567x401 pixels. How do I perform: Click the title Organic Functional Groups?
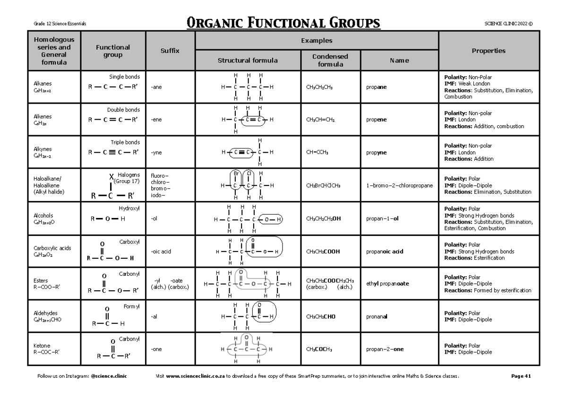(283, 23)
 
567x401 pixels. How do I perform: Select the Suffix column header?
(170, 51)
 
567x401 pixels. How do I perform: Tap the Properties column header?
(489, 51)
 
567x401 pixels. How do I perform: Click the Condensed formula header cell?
(330, 60)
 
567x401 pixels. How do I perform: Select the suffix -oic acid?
(161, 252)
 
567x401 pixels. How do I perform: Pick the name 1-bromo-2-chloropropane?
(399, 186)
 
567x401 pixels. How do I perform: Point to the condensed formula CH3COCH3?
(319, 349)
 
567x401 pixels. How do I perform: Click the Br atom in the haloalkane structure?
(235, 174)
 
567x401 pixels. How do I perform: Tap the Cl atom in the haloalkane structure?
(248, 174)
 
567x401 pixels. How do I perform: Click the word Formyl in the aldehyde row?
(131, 306)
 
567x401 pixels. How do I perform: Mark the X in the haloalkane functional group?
(112, 177)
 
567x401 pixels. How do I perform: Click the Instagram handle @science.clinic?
(109, 376)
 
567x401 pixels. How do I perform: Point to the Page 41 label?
(521, 376)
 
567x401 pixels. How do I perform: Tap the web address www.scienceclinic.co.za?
(195, 376)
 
